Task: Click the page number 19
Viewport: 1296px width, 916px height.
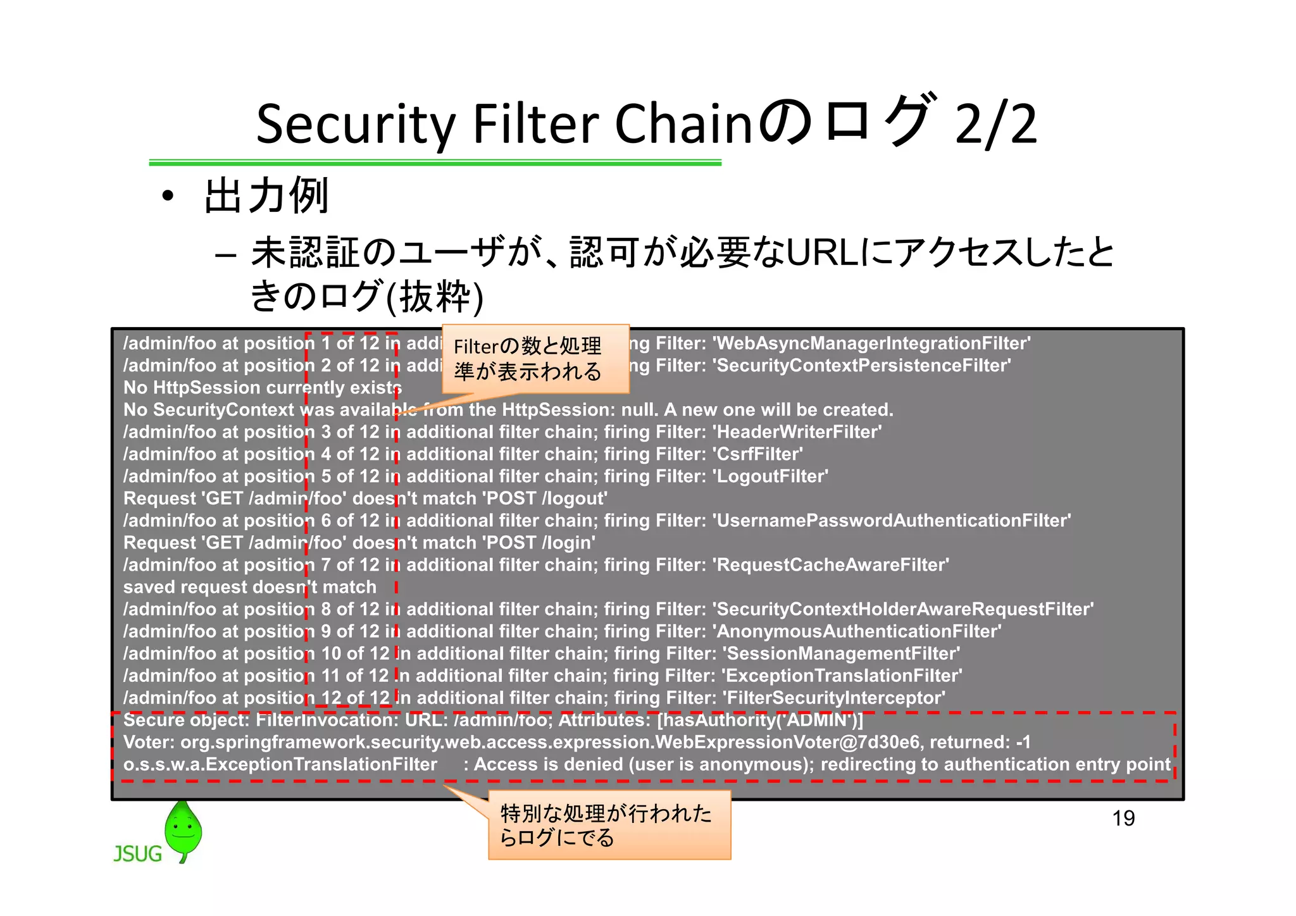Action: click(x=1123, y=818)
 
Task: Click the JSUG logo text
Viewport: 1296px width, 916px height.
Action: click(x=138, y=853)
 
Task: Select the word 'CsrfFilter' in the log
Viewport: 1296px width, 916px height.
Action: click(x=757, y=454)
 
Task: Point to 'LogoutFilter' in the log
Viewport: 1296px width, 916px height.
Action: click(x=770, y=476)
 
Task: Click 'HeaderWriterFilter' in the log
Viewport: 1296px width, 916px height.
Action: click(x=797, y=432)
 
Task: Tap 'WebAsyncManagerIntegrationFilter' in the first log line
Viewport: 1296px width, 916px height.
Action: click(x=871, y=343)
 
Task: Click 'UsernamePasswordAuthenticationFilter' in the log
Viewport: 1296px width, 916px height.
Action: click(x=891, y=521)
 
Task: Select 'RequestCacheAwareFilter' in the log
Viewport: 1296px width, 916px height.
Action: click(x=831, y=565)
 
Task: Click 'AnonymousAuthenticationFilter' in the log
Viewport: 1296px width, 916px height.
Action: click(x=857, y=631)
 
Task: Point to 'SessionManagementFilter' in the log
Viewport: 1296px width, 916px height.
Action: click(x=841, y=653)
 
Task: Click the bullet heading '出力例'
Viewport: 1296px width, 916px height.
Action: click(x=266, y=195)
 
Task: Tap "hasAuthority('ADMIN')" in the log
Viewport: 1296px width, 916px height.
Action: click(x=760, y=720)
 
